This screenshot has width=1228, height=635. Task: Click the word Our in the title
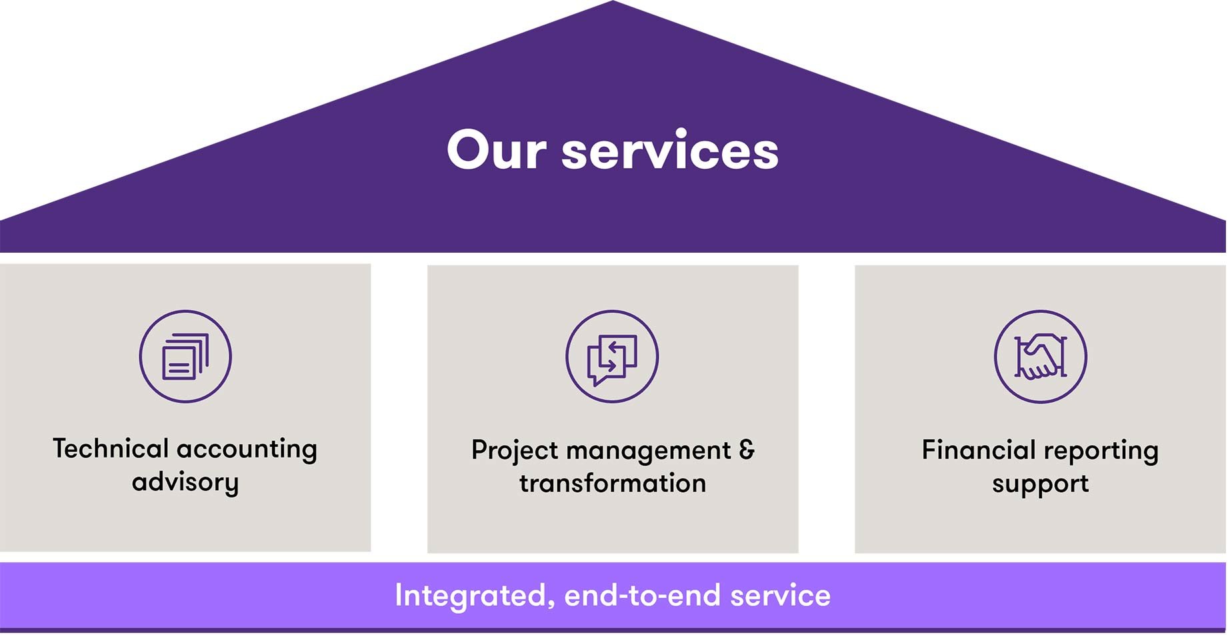coord(497,151)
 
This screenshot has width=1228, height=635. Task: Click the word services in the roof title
coord(670,151)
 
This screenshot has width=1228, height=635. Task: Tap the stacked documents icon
coord(185,357)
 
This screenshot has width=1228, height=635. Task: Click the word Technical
coord(111,449)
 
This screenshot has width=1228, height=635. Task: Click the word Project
coord(515,451)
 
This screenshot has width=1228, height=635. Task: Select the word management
coord(649,451)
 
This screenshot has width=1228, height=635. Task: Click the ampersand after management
coord(747,450)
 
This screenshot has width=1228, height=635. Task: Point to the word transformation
coord(613,484)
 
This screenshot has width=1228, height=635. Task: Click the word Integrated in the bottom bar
coord(475,596)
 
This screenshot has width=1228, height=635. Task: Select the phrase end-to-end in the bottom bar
coord(642,596)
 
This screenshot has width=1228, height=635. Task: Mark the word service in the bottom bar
coord(780,596)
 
